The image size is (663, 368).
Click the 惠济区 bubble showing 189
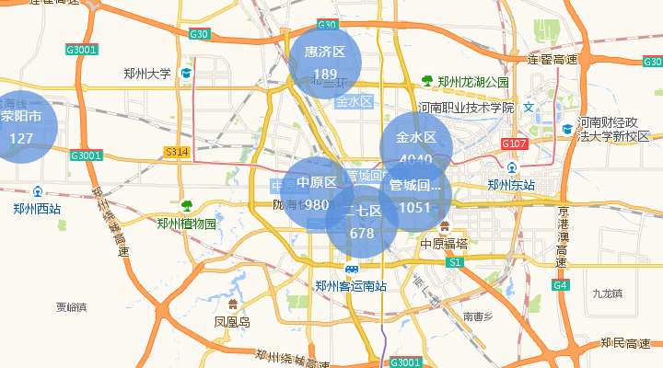click(325, 62)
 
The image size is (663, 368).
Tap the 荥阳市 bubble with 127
click(21, 127)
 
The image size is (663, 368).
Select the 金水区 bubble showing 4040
click(416, 147)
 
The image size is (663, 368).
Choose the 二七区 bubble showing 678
click(362, 221)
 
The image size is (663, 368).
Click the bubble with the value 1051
click(415, 195)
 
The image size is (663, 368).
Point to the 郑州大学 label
click(147, 74)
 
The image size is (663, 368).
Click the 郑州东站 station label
click(511, 185)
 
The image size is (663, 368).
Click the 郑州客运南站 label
click(350, 286)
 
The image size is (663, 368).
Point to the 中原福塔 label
click(444, 244)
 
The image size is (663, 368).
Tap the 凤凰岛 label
click(232, 322)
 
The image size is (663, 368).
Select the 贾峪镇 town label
click(71, 307)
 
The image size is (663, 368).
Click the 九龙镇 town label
click(609, 293)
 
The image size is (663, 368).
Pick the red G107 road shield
click(514, 144)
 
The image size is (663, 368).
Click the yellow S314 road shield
click(176, 151)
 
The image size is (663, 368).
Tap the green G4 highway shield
click(560, 286)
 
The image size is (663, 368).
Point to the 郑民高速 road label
click(626, 343)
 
